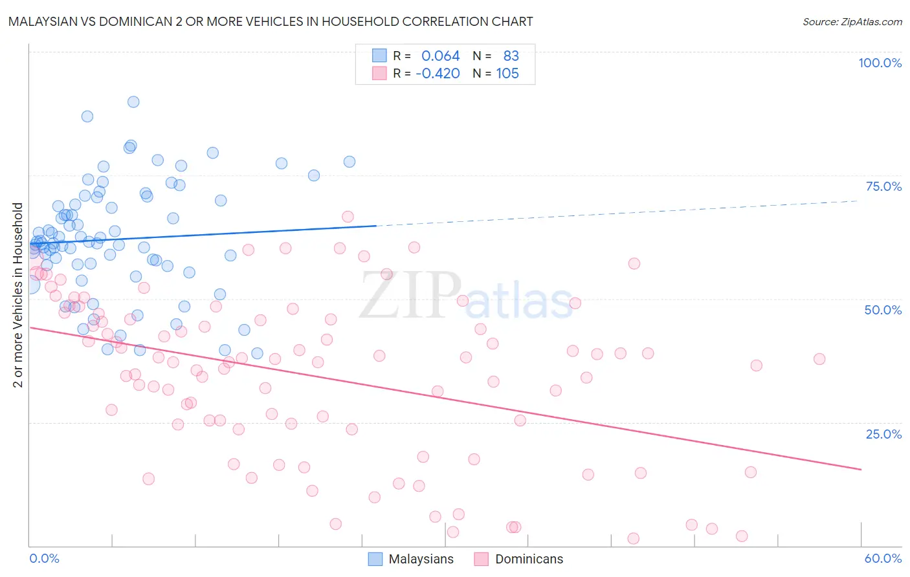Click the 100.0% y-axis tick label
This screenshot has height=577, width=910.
[880, 63]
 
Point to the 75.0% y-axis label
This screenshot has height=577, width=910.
[883, 186]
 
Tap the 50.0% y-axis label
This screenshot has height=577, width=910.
[883, 310]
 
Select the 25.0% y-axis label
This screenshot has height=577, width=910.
[883, 434]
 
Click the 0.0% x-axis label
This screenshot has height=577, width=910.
[44, 558]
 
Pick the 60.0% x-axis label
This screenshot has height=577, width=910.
[883, 558]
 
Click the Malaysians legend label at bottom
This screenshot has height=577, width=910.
[421, 559]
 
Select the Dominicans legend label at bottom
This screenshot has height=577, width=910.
[529, 559]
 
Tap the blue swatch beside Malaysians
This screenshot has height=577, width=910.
[375, 559]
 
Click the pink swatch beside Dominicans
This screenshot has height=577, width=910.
[481, 559]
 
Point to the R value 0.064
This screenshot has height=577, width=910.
[440, 56]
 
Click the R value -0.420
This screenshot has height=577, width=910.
[438, 74]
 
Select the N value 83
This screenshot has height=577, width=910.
[511, 56]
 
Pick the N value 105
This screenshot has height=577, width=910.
[507, 74]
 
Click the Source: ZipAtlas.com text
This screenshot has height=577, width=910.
[852, 22]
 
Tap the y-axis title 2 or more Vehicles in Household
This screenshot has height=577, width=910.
[18, 295]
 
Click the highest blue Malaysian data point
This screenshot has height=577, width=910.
[133, 102]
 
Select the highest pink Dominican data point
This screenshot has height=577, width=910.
[348, 217]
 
